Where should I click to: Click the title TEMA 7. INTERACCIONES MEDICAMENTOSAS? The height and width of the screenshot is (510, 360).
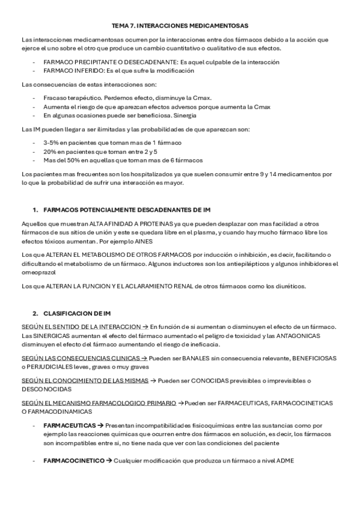pos(180,26)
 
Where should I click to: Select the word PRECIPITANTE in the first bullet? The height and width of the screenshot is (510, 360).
pos(85,62)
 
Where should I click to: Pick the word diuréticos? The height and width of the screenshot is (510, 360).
pos(290,286)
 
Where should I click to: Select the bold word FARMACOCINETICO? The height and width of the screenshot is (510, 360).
pos(74,462)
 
